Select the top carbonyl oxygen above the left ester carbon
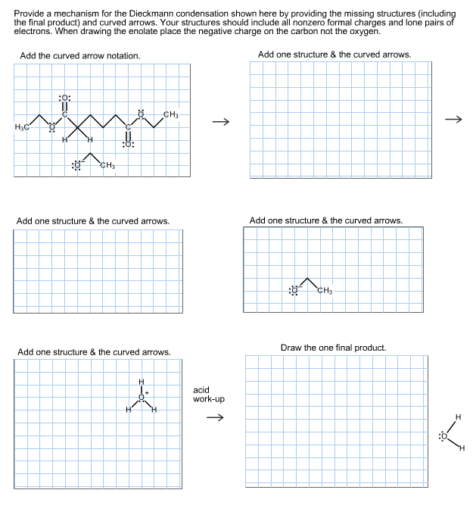[64, 98]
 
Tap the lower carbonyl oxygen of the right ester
[128, 144]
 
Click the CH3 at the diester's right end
[171, 114]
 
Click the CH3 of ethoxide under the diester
[106, 166]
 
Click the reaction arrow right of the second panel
[453, 119]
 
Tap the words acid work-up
[208, 395]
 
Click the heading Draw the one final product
[333, 348]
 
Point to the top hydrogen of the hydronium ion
[141, 381]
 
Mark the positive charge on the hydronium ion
[148, 392]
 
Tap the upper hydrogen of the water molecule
[457, 417]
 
